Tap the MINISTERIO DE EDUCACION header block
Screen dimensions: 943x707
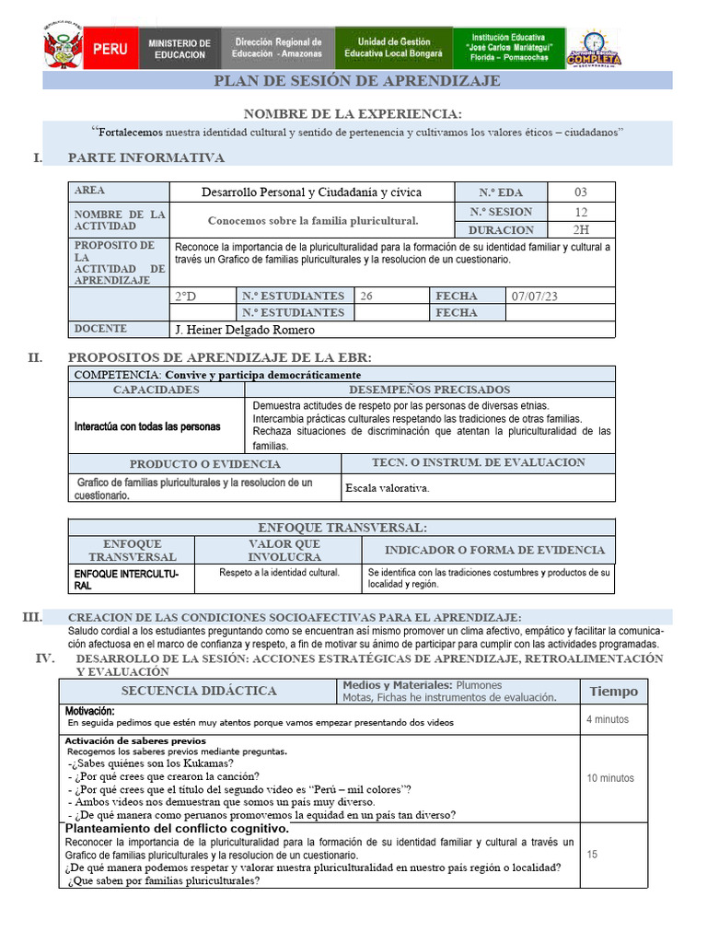coord(180,49)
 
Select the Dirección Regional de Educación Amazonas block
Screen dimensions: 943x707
coord(278,48)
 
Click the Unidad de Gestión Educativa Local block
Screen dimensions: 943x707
coord(393,48)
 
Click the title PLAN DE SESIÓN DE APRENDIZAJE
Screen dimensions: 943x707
coord(357,81)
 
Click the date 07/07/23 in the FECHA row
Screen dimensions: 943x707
coord(534,296)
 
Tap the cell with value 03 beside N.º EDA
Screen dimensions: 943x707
coord(580,192)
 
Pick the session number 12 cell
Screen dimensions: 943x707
coord(580,212)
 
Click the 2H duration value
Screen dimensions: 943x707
coord(580,230)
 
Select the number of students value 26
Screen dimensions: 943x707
coord(366,296)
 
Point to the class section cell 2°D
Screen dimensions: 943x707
coord(186,296)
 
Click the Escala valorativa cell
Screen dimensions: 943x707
coord(387,488)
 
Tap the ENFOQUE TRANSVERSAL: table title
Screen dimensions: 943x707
coord(342,528)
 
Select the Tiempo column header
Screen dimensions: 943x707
coord(612,692)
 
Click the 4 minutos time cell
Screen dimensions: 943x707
coord(608,719)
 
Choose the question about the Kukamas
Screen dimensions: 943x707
coord(150,763)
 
